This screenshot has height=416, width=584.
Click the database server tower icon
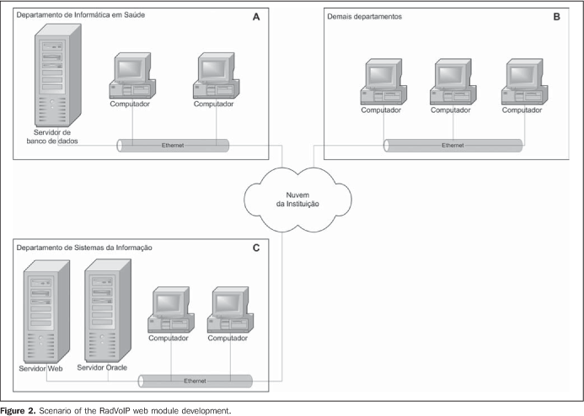(58, 76)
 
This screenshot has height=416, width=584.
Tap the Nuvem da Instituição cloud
(297, 200)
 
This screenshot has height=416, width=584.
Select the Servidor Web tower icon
(46, 312)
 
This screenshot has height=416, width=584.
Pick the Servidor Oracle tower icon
(108, 311)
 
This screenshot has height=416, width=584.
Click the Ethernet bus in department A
(173, 146)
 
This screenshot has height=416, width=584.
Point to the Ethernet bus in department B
(453, 146)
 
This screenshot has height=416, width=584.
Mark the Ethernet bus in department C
(196, 381)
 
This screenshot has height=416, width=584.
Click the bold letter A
(256, 17)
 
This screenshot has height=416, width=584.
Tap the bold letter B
(556, 17)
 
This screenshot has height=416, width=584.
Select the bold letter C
(256, 248)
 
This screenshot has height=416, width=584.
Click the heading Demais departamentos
(365, 17)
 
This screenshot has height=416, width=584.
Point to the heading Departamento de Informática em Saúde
(80, 15)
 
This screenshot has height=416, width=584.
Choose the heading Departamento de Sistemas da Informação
(84, 248)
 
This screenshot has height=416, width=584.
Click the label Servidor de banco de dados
(52, 136)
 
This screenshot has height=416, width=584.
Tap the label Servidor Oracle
(102, 368)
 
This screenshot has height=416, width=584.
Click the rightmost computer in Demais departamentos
(524, 82)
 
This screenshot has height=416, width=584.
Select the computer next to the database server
(132, 76)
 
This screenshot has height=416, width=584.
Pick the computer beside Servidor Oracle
(171, 310)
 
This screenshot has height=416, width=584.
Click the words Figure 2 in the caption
(18, 411)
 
